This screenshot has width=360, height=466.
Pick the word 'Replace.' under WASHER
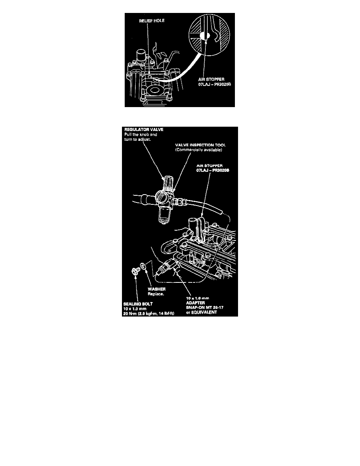pos(154,293)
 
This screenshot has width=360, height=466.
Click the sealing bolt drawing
pos(135,271)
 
